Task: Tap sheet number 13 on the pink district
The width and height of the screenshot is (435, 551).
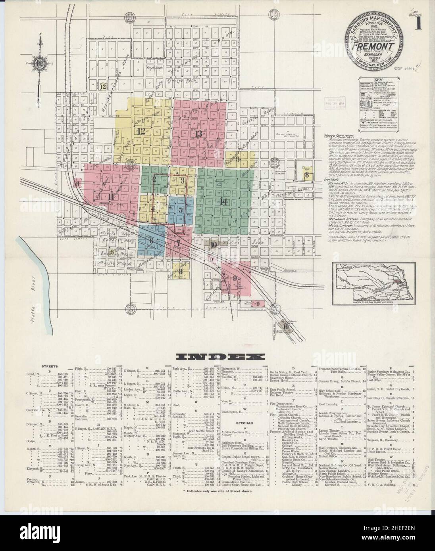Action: click(198, 134)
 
